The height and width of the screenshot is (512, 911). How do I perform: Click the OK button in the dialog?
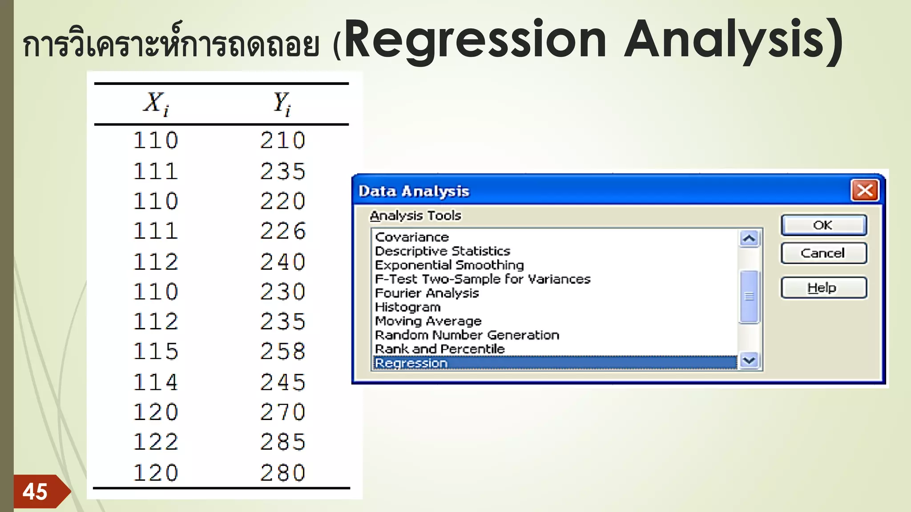(x=823, y=225)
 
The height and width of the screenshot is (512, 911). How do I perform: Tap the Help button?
(x=823, y=288)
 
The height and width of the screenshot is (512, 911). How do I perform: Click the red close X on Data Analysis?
(x=865, y=191)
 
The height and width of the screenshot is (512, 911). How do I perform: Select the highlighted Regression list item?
(x=411, y=363)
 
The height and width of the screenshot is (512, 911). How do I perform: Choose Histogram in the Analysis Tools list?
(x=408, y=307)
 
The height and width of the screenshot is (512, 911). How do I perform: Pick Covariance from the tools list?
(x=412, y=237)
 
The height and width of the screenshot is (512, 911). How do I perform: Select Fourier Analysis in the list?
(x=427, y=293)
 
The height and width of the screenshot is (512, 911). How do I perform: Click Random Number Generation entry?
(x=467, y=335)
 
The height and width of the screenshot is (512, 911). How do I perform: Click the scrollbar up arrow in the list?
(x=749, y=239)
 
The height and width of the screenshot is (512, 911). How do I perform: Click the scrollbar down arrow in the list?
(x=749, y=360)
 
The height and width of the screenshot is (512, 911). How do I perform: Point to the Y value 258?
(x=283, y=352)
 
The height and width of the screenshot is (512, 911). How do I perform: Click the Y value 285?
(x=283, y=442)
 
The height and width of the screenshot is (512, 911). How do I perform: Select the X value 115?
(x=156, y=352)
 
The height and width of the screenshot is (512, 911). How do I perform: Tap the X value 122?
(x=156, y=442)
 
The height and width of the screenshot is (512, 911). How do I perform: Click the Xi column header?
(x=156, y=104)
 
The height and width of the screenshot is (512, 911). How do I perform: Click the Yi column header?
(x=282, y=104)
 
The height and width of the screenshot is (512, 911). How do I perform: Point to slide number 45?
(x=35, y=492)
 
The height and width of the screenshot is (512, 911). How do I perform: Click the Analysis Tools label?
(x=415, y=216)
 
